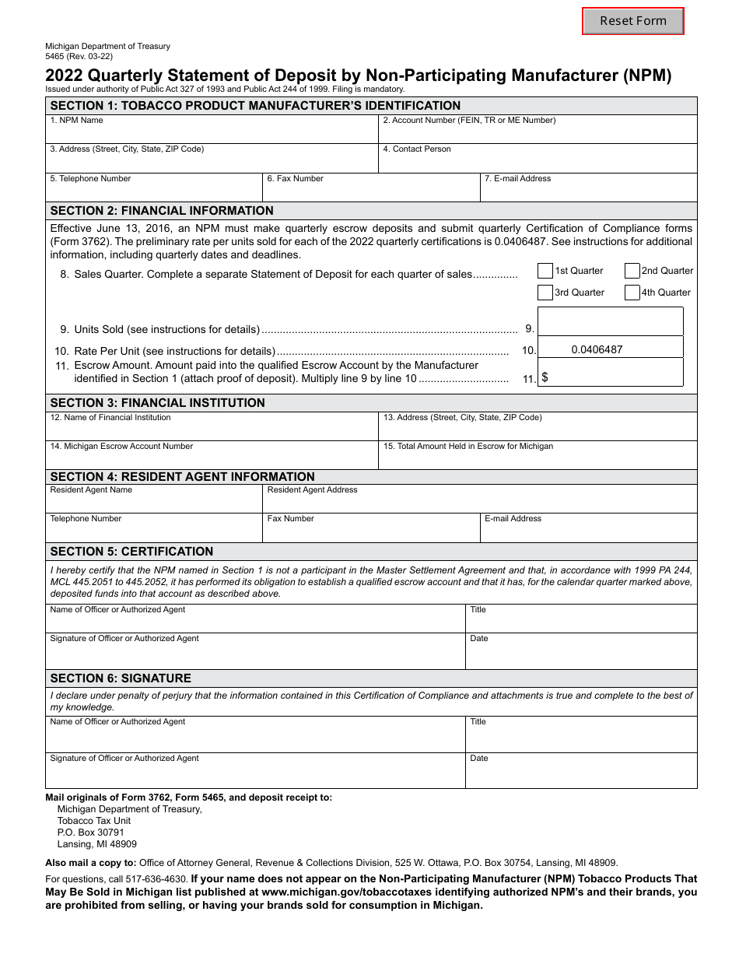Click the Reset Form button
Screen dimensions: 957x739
point(633,21)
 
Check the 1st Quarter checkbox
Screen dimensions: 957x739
point(545,271)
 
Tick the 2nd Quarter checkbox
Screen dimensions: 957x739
point(632,271)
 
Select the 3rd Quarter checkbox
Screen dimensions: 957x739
point(545,293)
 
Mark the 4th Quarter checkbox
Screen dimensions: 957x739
point(632,293)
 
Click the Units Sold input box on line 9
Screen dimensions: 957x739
point(610,321)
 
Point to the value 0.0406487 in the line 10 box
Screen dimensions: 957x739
point(597,350)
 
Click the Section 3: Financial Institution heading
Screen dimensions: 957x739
point(158,403)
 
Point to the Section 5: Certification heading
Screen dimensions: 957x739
point(131,552)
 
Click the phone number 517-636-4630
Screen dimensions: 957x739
point(160,879)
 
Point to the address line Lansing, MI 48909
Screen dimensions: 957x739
point(97,844)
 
